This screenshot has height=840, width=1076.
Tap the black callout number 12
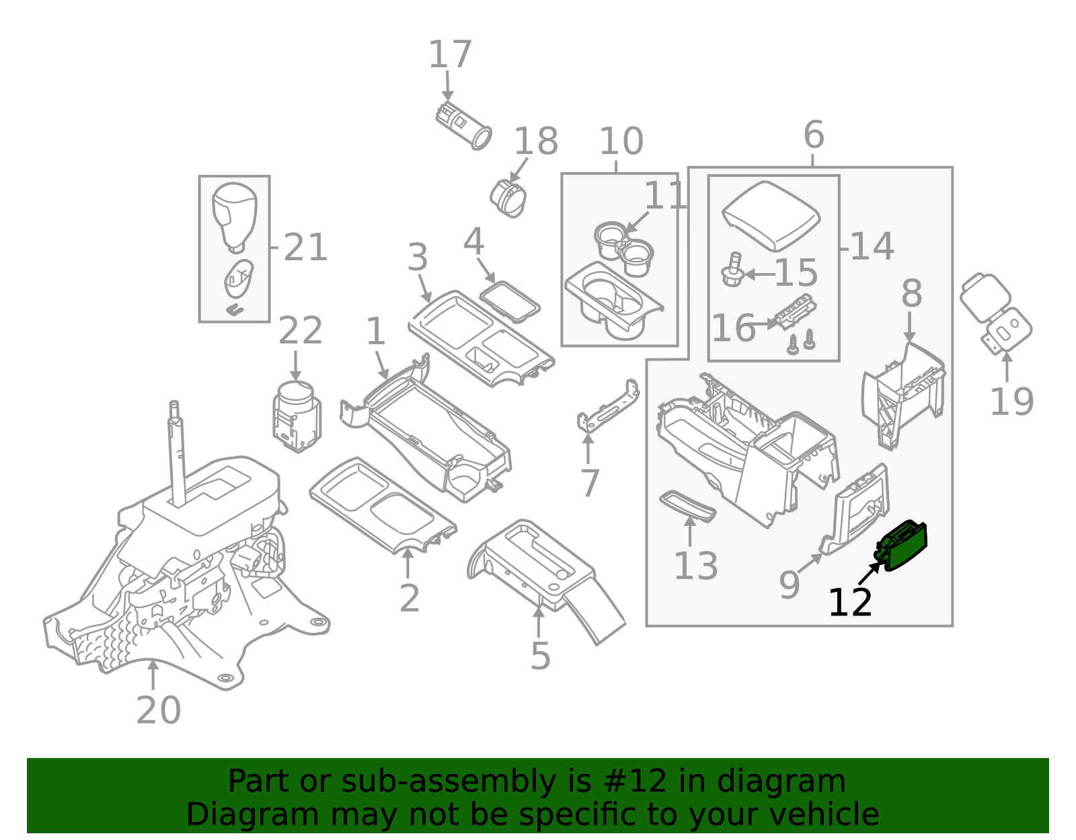[x=850, y=603]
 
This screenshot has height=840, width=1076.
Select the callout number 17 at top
[x=450, y=54]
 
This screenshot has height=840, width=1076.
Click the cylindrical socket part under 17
[x=463, y=126]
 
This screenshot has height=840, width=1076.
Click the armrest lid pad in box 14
[x=771, y=215]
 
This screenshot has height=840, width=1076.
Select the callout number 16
[x=733, y=328]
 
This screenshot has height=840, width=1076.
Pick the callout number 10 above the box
[x=621, y=142]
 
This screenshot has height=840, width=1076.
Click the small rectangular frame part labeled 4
[x=510, y=301]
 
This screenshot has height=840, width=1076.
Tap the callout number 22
[x=300, y=331]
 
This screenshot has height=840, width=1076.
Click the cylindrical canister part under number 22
[x=297, y=417]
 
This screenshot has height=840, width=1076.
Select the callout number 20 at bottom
[x=159, y=710]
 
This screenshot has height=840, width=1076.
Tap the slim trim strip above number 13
[x=688, y=506]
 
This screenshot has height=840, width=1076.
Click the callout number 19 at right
[x=1011, y=402]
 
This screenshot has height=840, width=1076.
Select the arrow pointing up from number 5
[x=539, y=619]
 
